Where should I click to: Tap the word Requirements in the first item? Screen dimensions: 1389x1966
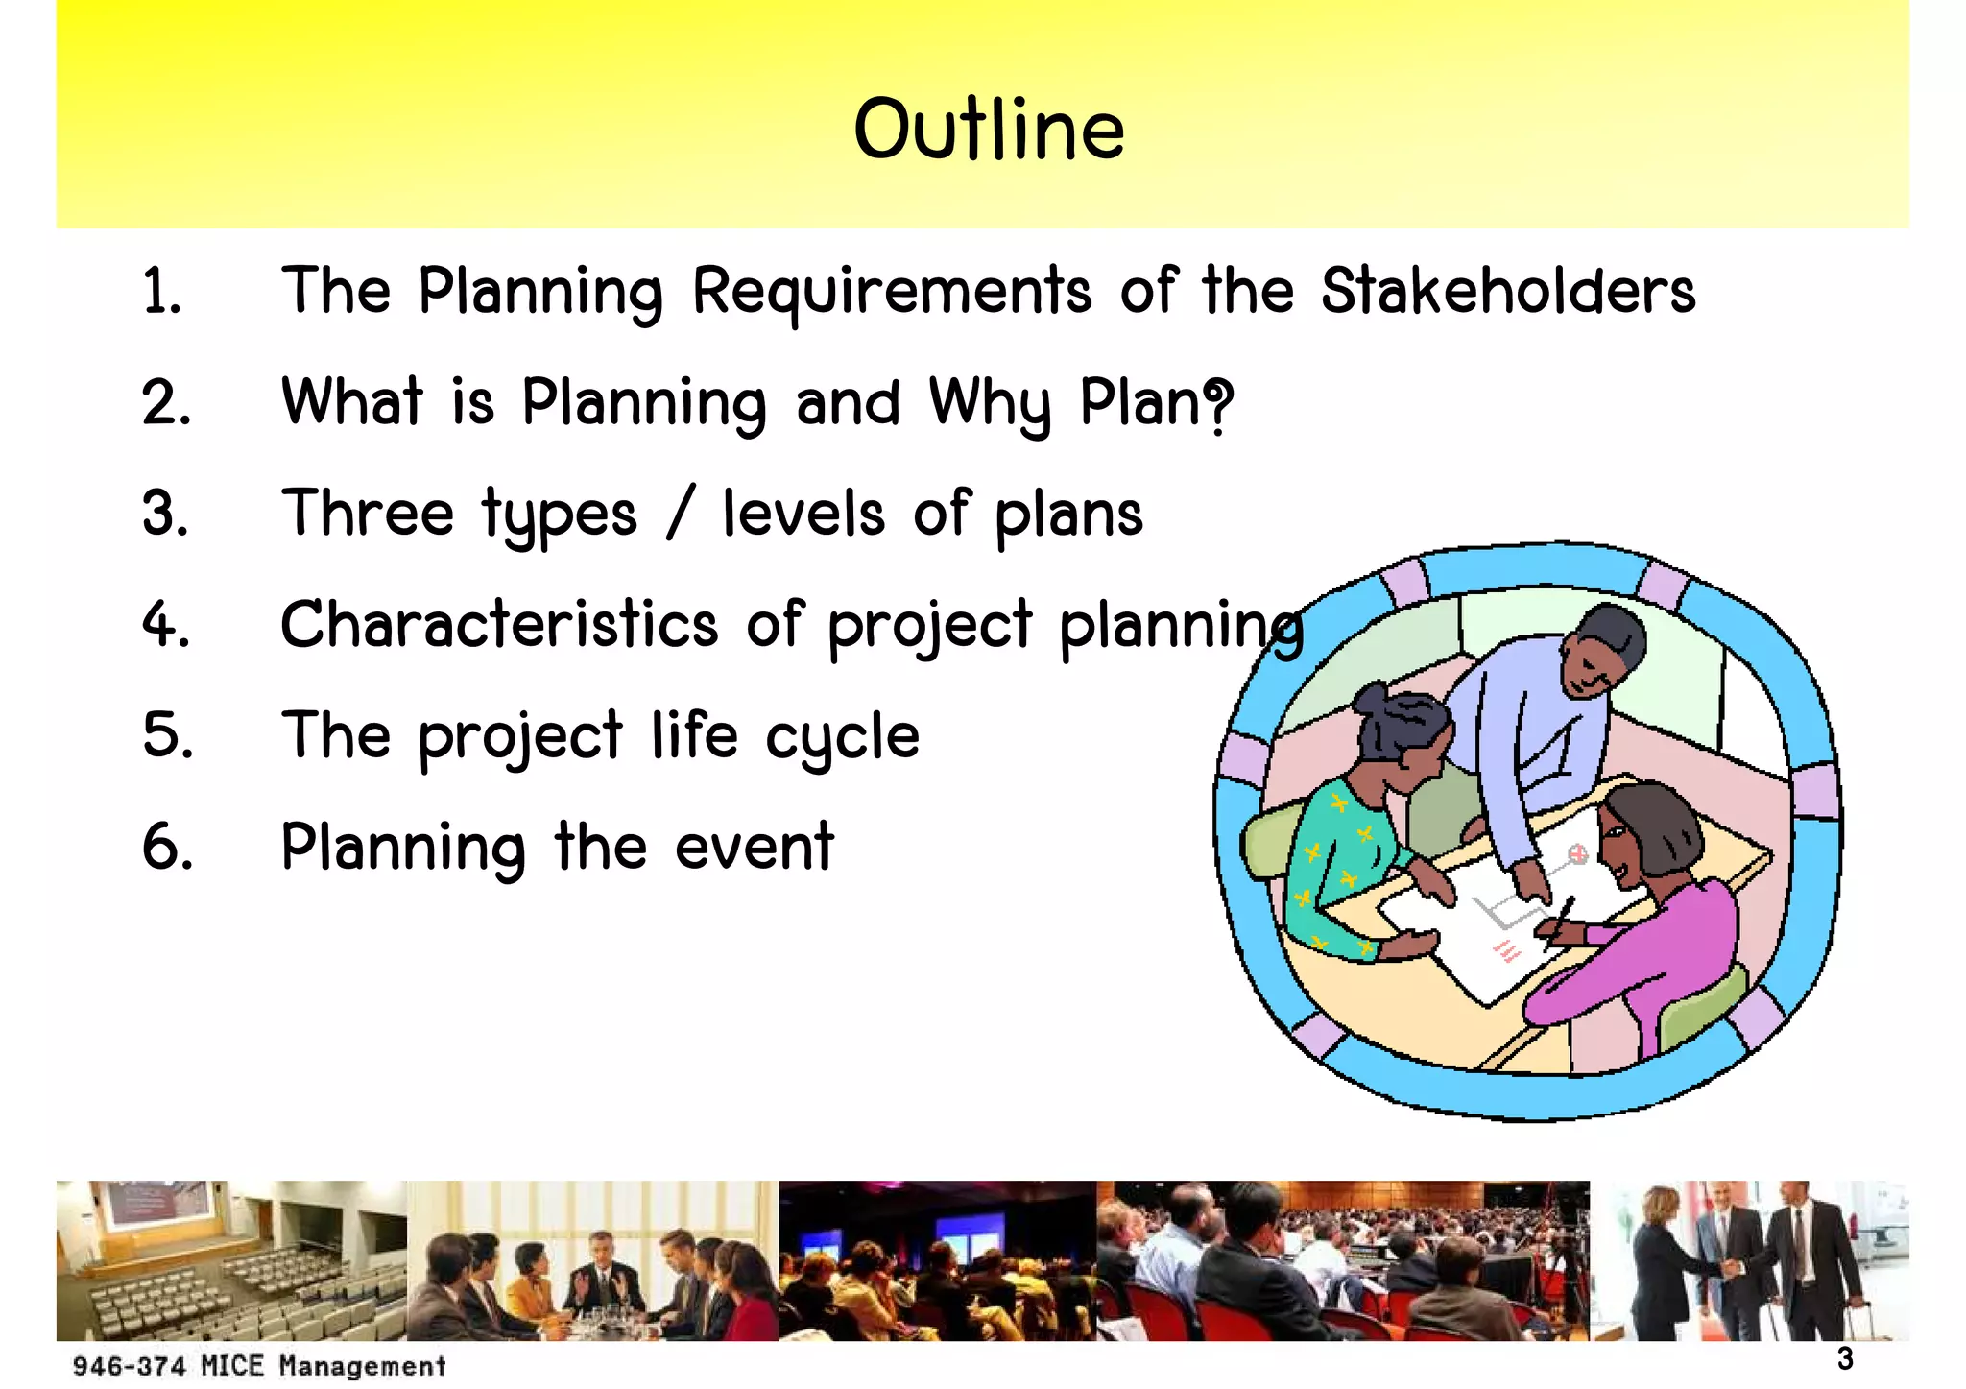(891, 292)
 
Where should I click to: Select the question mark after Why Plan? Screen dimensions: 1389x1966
(1217, 404)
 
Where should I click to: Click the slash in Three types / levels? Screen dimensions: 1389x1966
(680, 514)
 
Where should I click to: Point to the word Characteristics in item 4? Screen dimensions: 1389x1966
(499, 625)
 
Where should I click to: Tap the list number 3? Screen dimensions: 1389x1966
(165, 514)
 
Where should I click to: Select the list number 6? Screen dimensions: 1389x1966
(167, 848)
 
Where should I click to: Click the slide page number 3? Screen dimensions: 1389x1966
(1844, 1358)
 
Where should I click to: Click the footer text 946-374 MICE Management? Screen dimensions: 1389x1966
(259, 1365)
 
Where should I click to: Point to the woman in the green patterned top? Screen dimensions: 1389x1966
(1344, 845)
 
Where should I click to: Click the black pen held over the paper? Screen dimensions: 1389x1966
(1564, 912)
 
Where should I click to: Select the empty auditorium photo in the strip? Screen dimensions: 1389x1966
(230, 1260)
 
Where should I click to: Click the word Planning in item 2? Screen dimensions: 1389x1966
(643, 404)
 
